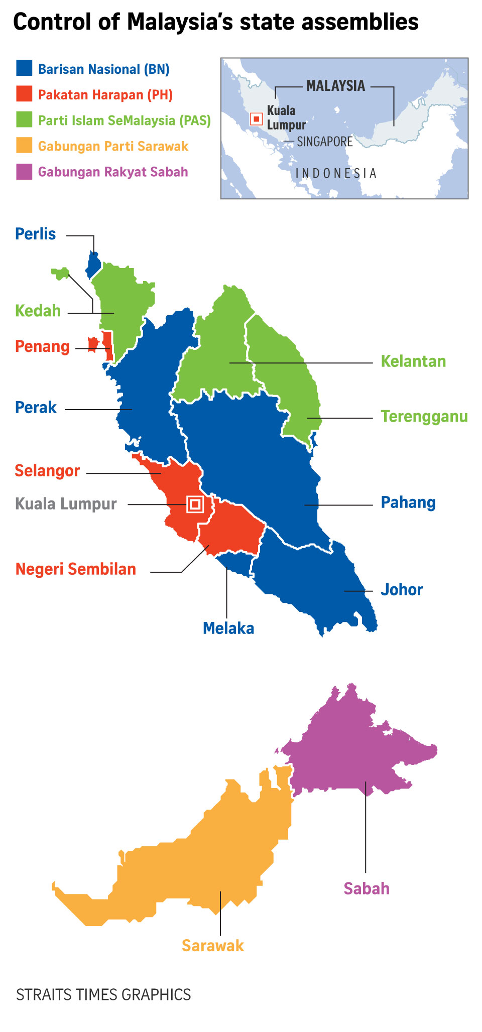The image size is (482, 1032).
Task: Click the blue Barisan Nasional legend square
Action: pyautogui.click(x=24, y=68)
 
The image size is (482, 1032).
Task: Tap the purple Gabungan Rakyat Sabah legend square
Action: pyautogui.click(x=24, y=172)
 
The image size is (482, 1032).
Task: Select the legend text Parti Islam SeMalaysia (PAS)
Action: pyautogui.click(x=125, y=120)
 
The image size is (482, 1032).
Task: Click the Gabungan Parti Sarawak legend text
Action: pyautogui.click(x=113, y=146)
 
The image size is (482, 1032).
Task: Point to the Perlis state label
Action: pyautogui.click(x=35, y=234)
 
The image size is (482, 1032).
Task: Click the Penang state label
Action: pyautogui.click(x=42, y=346)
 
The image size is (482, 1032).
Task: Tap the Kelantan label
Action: pyautogui.click(x=413, y=361)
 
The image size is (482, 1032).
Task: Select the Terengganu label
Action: pyautogui.click(x=424, y=417)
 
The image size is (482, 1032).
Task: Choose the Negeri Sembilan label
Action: pyautogui.click(x=76, y=569)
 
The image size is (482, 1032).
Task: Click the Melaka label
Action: pyautogui.click(x=228, y=628)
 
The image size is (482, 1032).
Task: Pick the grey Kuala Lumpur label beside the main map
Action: pyautogui.click(x=66, y=503)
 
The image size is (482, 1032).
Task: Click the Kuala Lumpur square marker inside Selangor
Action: pyautogui.click(x=195, y=504)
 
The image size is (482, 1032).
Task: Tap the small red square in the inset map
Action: pyautogui.click(x=257, y=119)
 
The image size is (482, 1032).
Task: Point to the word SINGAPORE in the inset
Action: pyautogui.click(x=325, y=142)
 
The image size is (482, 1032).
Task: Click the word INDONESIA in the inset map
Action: pyautogui.click(x=336, y=174)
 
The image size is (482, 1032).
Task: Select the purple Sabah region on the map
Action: pyautogui.click(x=351, y=743)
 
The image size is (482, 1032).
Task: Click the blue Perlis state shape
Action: pyautogui.click(x=93, y=264)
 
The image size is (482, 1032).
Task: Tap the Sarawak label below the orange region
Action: pyautogui.click(x=213, y=946)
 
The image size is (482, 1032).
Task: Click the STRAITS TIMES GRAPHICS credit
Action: pyautogui.click(x=103, y=995)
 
